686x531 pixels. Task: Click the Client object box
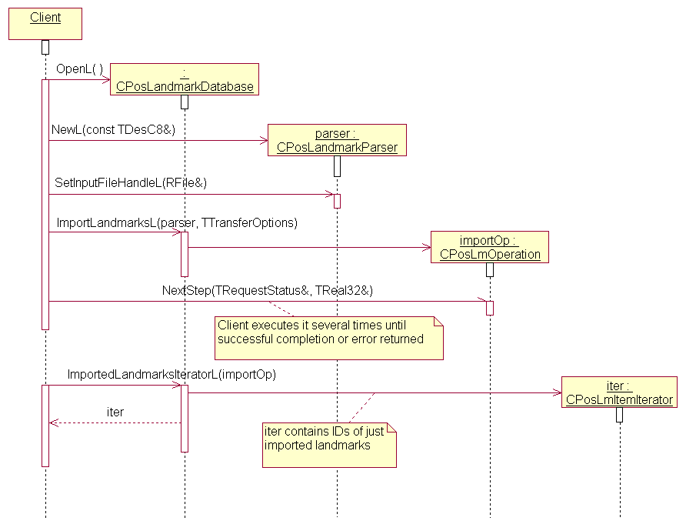pos(45,23)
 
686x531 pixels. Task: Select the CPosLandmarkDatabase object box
pos(185,79)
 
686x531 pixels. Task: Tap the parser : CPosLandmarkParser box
pos(337,140)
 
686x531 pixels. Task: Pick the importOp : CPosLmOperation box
pos(490,247)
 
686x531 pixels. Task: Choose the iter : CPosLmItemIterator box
pos(619,392)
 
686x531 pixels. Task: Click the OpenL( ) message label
pos(79,69)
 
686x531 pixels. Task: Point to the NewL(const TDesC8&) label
pos(113,130)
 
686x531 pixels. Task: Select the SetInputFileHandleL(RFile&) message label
pos(131,183)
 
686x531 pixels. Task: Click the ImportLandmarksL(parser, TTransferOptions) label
pos(176,222)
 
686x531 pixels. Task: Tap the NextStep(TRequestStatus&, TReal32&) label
pos(267,290)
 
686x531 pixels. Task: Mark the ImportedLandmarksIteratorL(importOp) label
pos(171,375)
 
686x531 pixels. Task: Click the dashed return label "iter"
pos(115,412)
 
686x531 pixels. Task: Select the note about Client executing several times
pos(329,337)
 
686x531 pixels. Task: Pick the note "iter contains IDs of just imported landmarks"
pos(329,445)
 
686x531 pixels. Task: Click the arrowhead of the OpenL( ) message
pos(108,78)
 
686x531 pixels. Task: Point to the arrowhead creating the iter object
pos(559,393)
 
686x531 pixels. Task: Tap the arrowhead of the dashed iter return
pos(52,422)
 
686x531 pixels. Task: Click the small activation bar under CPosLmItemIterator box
pos(619,415)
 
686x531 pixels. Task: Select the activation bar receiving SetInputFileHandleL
pos(337,201)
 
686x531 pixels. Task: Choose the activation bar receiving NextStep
pos(490,308)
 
